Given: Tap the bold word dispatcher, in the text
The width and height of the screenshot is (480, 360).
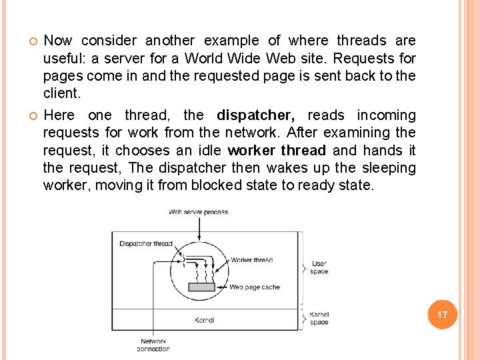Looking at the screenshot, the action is click(x=256, y=115).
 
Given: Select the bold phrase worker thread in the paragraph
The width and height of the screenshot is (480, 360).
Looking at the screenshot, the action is click(x=277, y=151).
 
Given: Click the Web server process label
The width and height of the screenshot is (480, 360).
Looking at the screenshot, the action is click(x=198, y=212).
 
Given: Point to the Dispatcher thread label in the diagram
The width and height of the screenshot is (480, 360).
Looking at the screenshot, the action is click(x=145, y=243).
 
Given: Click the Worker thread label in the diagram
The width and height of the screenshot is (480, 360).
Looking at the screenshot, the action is click(x=251, y=260).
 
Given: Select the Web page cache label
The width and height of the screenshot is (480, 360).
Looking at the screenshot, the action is click(x=255, y=287).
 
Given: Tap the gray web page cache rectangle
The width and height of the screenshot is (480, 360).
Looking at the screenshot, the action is click(x=202, y=287).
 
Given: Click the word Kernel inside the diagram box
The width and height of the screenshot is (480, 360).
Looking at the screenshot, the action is click(x=204, y=320).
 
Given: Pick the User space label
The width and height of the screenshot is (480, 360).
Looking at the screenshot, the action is click(x=319, y=267).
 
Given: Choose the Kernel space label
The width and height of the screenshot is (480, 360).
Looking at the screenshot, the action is click(x=319, y=318).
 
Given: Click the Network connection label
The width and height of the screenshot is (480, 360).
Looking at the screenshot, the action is click(x=153, y=345).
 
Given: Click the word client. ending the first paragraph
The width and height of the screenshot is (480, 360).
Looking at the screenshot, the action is click(x=61, y=93).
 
